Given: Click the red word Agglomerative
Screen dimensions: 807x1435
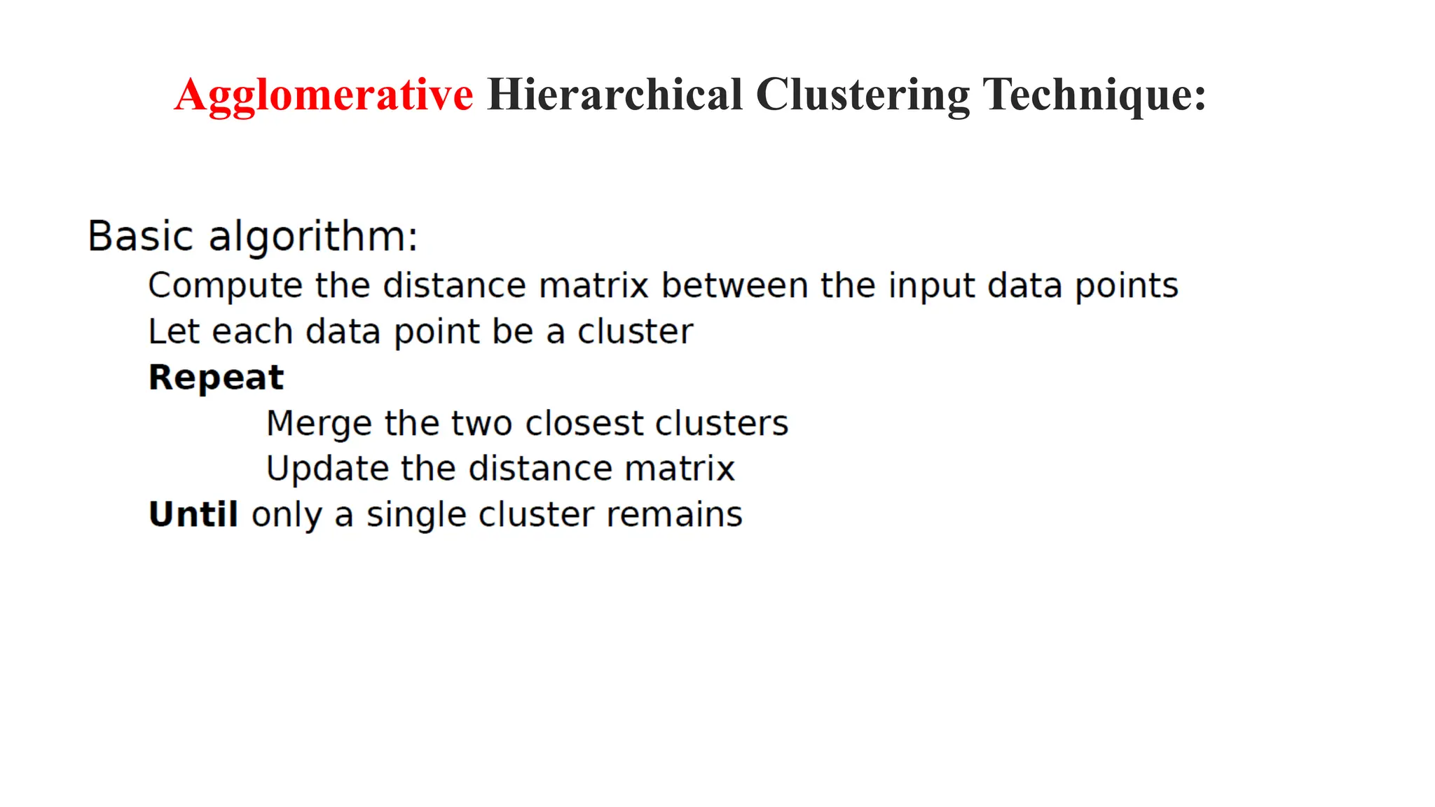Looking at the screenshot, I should (x=324, y=95).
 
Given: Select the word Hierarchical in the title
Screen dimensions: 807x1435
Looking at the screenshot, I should (x=614, y=95).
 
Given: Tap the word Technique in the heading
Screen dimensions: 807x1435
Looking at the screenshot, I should (x=1093, y=95).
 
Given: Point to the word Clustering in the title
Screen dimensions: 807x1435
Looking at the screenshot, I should (x=863, y=95).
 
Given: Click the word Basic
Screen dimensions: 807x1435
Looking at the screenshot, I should (x=140, y=236).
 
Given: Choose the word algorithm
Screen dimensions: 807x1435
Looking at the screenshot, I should (x=313, y=237).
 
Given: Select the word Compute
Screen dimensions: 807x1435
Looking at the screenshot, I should (x=225, y=287).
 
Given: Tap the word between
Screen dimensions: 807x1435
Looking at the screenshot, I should (x=734, y=285).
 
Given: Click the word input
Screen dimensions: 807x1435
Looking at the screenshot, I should (x=931, y=287).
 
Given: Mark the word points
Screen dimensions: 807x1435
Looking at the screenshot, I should (x=1127, y=287).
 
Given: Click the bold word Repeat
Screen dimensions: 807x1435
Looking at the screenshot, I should (x=217, y=378).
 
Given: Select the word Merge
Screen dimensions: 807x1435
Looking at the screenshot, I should (x=319, y=424).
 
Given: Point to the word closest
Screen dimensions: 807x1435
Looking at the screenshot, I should (x=584, y=423).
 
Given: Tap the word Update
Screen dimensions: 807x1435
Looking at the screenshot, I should (x=327, y=469).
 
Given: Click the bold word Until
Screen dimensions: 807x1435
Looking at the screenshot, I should (x=193, y=514).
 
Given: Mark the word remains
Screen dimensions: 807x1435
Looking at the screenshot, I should (x=674, y=514).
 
